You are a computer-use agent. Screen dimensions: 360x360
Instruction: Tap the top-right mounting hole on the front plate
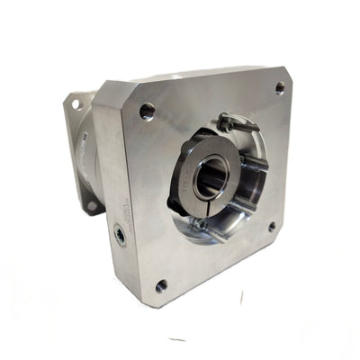point(280,87)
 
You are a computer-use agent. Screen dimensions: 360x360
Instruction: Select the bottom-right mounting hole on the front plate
point(272,227)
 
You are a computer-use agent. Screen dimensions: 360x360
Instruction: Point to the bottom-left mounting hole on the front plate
point(161,286)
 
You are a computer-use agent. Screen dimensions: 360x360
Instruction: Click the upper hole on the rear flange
point(76,104)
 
